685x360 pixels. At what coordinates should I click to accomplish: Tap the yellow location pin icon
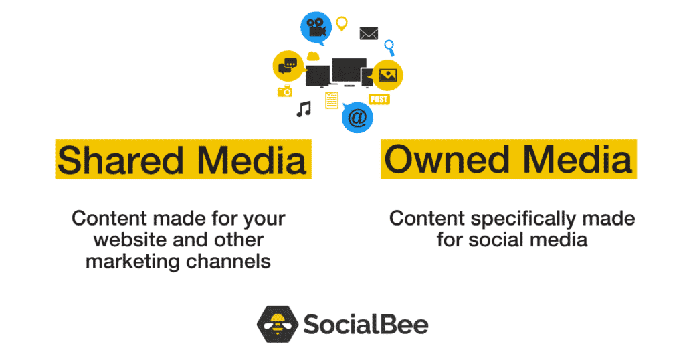coord(342,23)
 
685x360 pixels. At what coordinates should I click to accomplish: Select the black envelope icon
coord(369,33)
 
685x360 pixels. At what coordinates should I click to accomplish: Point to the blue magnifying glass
coord(389,47)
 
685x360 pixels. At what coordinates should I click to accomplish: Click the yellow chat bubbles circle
coord(288,66)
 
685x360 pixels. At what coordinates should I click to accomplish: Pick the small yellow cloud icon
coord(312,56)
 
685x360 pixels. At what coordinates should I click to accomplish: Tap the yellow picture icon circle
coord(387,75)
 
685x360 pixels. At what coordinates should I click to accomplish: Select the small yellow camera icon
coord(285,91)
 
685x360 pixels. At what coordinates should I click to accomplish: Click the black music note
coord(304,109)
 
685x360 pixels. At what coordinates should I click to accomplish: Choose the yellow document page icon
coord(331,100)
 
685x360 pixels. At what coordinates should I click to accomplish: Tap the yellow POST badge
coord(379,99)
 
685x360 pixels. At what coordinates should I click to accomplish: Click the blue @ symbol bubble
coord(357,118)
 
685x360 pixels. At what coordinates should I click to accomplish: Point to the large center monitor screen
coord(349,70)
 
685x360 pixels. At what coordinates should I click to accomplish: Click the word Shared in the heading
coord(111,160)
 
